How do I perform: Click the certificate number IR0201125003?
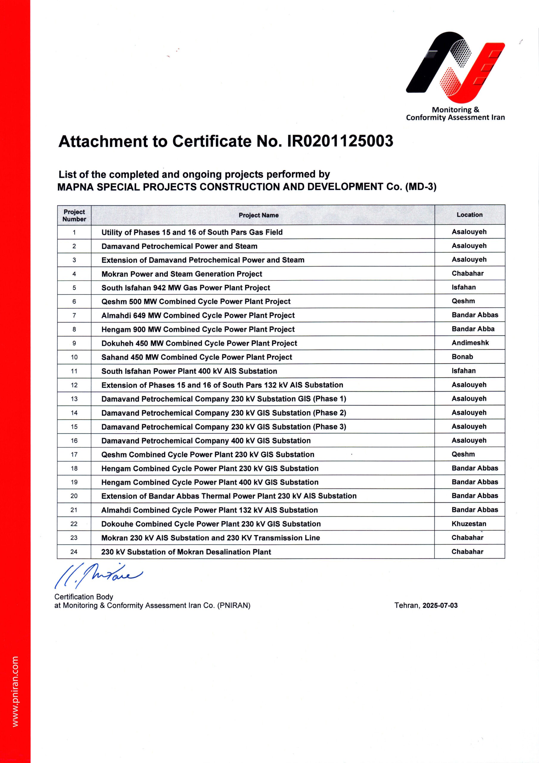(x=340, y=141)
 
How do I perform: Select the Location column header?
(x=469, y=215)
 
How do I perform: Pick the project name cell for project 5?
(x=185, y=288)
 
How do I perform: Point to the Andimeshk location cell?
(x=470, y=343)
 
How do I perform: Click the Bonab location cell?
(x=462, y=357)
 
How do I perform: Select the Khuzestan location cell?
(x=469, y=524)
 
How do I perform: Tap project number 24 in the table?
(x=74, y=552)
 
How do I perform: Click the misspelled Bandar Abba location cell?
(x=473, y=329)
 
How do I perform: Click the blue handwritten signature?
(x=98, y=575)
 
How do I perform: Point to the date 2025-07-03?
(x=440, y=605)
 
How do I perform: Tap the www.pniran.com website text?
(x=15, y=691)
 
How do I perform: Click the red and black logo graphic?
(x=455, y=67)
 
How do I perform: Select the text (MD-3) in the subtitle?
(x=420, y=187)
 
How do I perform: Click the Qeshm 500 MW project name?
(x=196, y=302)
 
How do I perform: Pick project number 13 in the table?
(x=74, y=399)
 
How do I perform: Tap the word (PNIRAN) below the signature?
(x=234, y=605)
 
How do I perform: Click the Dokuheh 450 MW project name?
(x=199, y=343)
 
